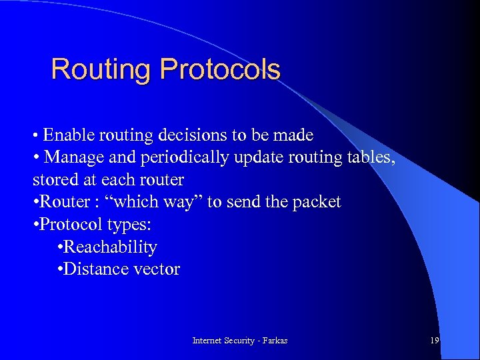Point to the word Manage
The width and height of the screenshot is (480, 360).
point(71,158)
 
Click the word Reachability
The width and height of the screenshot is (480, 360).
point(111,247)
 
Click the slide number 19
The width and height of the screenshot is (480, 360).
point(434,341)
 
